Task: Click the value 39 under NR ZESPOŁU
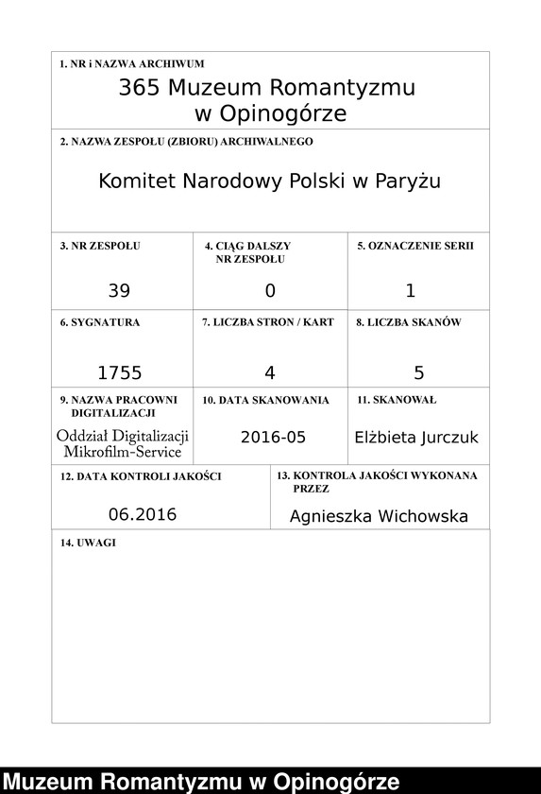point(119,291)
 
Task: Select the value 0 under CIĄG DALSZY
point(270,291)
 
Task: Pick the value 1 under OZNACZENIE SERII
point(411,291)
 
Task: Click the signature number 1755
point(119,372)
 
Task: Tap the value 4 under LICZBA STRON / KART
point(270,372)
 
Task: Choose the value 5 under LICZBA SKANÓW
point(419,372)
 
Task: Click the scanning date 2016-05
point(273,437)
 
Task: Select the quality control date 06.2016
point(143,515)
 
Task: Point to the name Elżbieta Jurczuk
point(416,438)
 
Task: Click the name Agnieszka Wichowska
point(379,517)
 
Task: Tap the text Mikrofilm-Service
point(123,452)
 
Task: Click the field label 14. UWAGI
point(87,544)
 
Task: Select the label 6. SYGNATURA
point(99,322)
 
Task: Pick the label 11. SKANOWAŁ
point(397,400)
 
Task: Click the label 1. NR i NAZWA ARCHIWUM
point(131,64)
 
